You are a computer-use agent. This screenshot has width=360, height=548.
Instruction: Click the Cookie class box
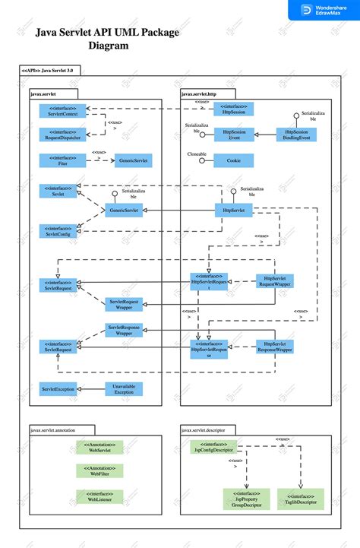233,160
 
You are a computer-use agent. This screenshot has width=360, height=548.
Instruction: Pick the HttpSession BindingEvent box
296,135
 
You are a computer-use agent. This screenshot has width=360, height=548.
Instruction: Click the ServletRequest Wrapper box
125,304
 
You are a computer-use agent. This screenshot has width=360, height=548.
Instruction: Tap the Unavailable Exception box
124,389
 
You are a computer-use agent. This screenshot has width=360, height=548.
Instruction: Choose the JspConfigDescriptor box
213,448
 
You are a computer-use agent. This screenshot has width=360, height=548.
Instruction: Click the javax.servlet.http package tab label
199,93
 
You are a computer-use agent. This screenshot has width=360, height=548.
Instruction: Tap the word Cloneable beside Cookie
197,154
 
